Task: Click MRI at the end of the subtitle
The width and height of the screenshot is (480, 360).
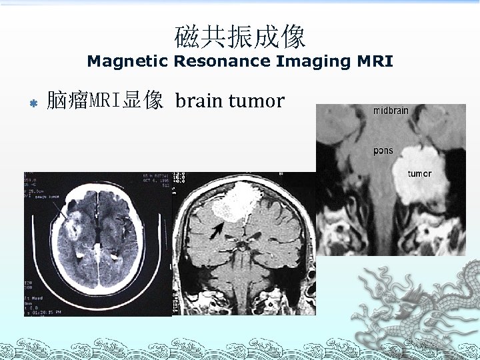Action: coord(375,62)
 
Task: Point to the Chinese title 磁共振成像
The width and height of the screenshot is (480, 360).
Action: coord(240,37)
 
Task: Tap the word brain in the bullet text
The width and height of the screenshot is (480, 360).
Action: coord(199,101)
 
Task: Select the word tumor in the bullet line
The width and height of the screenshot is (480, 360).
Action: coord(256,101)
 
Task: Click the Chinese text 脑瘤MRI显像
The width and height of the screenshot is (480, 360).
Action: coord(105,101)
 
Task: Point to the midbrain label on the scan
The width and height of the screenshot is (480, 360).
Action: coord(391,111)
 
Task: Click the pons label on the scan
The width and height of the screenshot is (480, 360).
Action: coord(383,151)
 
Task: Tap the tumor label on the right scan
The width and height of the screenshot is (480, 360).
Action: coord(419,174)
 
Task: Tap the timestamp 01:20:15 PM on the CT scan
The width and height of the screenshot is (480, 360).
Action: coord(47,311)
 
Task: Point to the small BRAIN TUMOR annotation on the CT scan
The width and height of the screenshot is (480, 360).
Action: coord(47,198)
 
